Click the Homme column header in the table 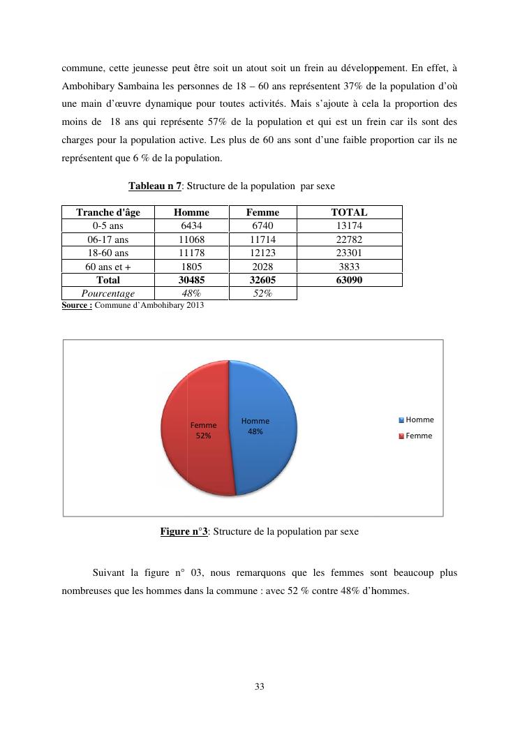pos(191,212)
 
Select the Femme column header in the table pos(262,212)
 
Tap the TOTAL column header pos(349,212)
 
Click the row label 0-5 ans pos(107,226)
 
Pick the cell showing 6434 pos(191,226)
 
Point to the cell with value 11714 pos(262,239)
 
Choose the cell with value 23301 pos(349,253)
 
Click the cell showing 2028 pos(262,267)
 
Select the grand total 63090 pos(349,280)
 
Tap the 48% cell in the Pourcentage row pos(191,294)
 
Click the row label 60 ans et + pos(107,267)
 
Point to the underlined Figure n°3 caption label pos(184,532)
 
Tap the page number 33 pos(260,687)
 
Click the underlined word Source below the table pos(76,305)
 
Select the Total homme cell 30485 pos(191,280)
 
